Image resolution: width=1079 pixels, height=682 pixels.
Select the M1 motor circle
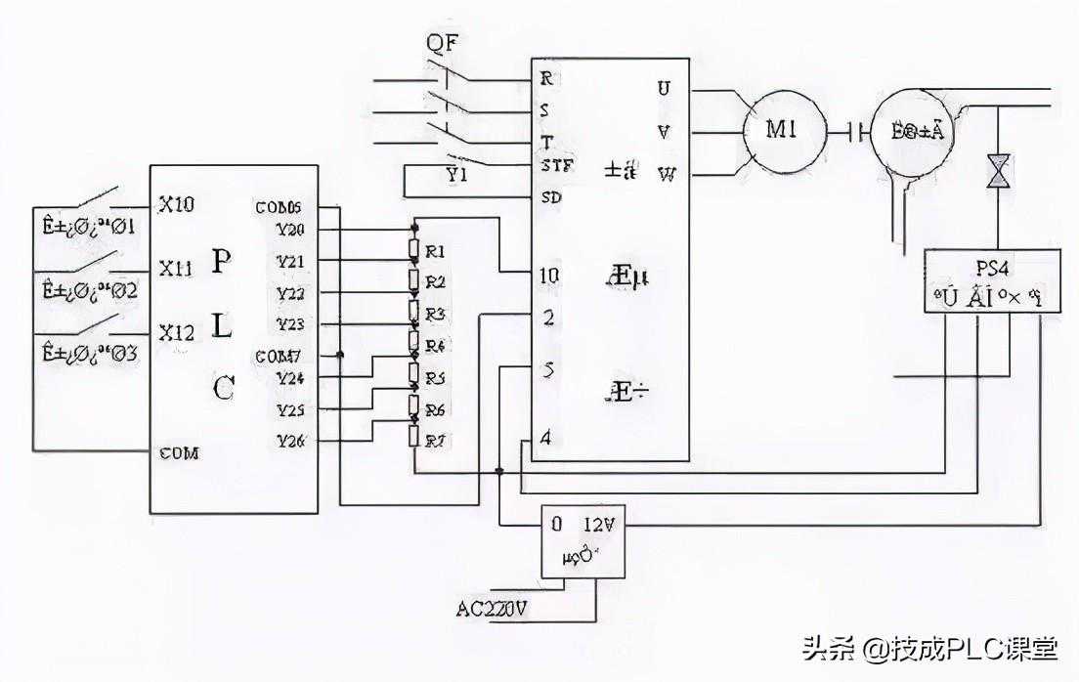pos(780,129)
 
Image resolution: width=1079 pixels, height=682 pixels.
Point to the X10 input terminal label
pos(176,204)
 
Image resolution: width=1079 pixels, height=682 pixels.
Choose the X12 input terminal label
pos(176,332)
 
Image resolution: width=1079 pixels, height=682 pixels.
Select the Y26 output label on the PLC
pos(290,441)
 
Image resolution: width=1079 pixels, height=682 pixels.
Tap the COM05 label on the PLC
pos(279,207)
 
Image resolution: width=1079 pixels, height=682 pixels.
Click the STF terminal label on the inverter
pos(549,166)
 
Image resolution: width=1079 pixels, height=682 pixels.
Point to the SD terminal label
pos(549,196)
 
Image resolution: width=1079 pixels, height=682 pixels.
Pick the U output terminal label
pos(665,89)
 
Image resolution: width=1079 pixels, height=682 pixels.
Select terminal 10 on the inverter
pos(549,277)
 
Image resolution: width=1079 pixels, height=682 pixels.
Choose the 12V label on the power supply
pos(599,524)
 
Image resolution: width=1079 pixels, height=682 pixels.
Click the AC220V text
pos(494,608)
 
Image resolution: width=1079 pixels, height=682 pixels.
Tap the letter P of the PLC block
pos(223,261)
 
